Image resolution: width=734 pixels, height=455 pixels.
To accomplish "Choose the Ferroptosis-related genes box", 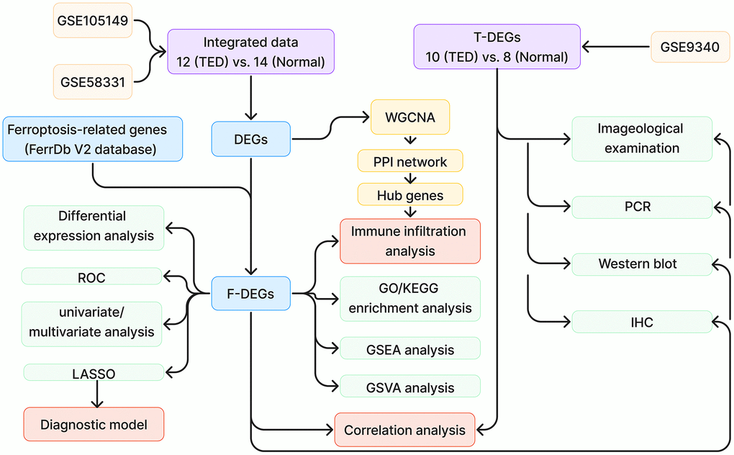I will [x=93, y=139].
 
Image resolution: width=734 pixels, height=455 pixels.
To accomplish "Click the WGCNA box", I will [x=410, y=117].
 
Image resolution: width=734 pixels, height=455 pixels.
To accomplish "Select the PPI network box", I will [x=410, y=161].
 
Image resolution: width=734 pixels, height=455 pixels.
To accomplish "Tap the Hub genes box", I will [x=410, y=194].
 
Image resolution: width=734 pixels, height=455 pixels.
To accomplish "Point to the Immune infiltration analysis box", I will [x=409, y=241].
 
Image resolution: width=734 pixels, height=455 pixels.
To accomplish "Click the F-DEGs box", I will [x=250, y=293].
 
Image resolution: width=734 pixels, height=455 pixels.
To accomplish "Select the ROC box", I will [x=93, y=276].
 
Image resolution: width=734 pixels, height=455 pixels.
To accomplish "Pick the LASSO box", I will [x=94, y=372].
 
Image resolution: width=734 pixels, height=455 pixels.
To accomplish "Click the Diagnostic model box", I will [x=94, y=425].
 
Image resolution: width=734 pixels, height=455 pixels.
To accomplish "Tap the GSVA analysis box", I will [x=409, y=387].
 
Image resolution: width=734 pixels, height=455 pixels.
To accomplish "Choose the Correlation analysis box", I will [x=404, y=431].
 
